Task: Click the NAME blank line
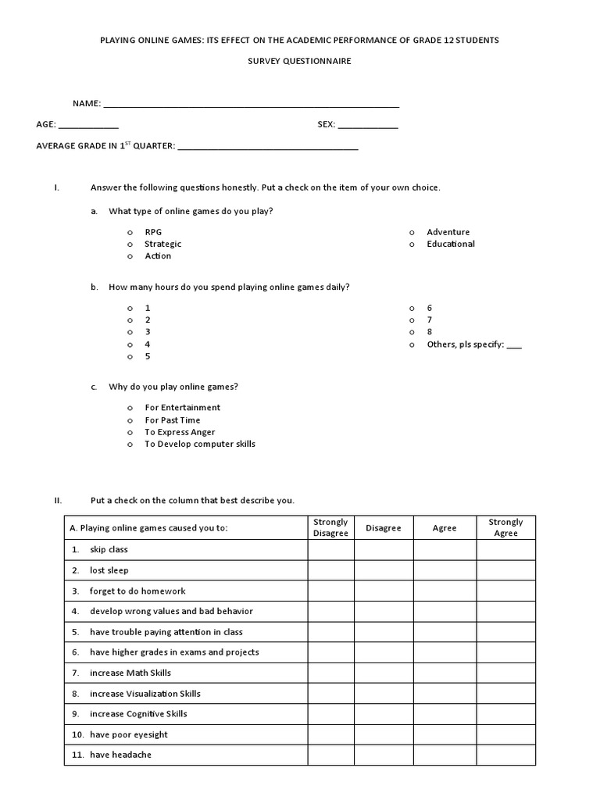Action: tap(251, 105)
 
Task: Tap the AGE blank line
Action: tap(88, 127)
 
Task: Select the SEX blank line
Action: tap(367, 127)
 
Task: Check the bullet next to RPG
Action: tap(130, 233)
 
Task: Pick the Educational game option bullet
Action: tap(411, 245)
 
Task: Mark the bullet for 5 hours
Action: tap(130, 357)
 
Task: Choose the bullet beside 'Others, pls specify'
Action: tap(411, 345)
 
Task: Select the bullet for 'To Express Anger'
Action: tap(130, 432)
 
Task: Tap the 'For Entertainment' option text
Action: tap(183, 408)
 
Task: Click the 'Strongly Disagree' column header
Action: tap(330, 528)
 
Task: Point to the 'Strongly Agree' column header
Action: tap(505, 528)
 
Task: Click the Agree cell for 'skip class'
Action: tap(445, 550)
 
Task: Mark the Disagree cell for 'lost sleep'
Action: tap(383, 570)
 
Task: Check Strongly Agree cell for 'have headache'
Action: tap(505, 755)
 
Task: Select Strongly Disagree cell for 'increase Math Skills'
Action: tap(330, 673)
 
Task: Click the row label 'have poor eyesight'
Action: tap(128, 734)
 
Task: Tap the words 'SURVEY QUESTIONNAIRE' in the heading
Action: tap(300, 61)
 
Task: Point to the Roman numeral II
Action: tap(57, 501)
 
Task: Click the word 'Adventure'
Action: tap(448, 232)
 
